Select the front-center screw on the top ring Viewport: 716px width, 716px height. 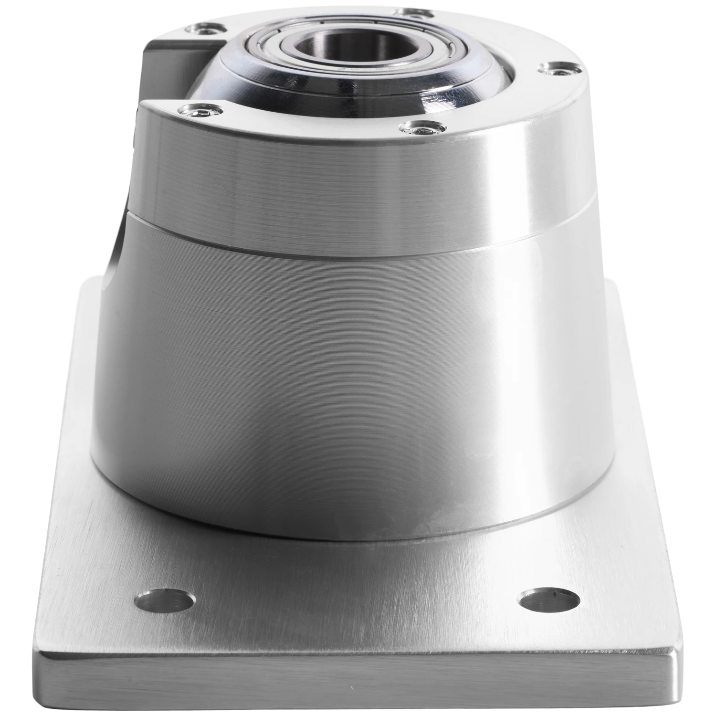click(419, 127)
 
